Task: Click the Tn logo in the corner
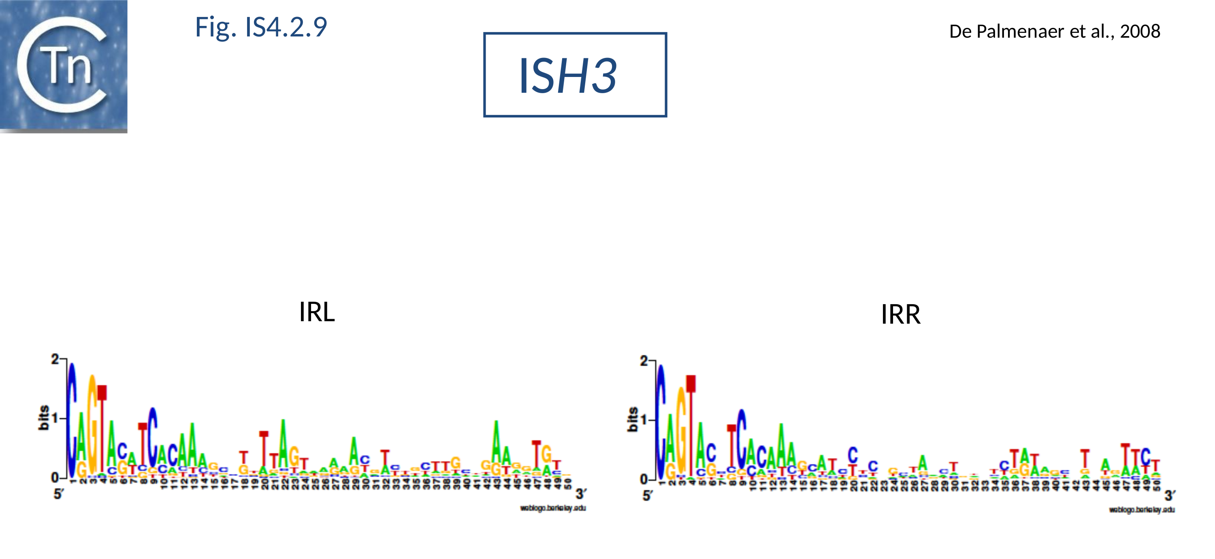pyautogui.click(x=63, y=66)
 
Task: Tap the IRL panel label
pyautogui.click(x=317, y=312)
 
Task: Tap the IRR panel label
pyautogui.click(x=900, y=315)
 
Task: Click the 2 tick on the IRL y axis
pyautogui.click(x=55, y=359)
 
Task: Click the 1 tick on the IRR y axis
pyautogui.click(x=645, y=420)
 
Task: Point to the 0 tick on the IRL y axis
pyautogui.click(x=55, y=478)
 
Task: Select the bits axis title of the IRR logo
pyautogui.click(x=632, y=419)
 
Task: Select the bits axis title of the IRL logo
pyautogui.click(x=43, y=418)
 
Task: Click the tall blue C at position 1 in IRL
pyautogui.click(x=72, y=420)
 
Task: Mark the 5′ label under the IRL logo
pyautogui.click(x=58, y=494)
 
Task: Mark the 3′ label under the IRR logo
pyautogui.click(x=1169, y=496)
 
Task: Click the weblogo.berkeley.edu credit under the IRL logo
pyautogui.click(x=553, y=508)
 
